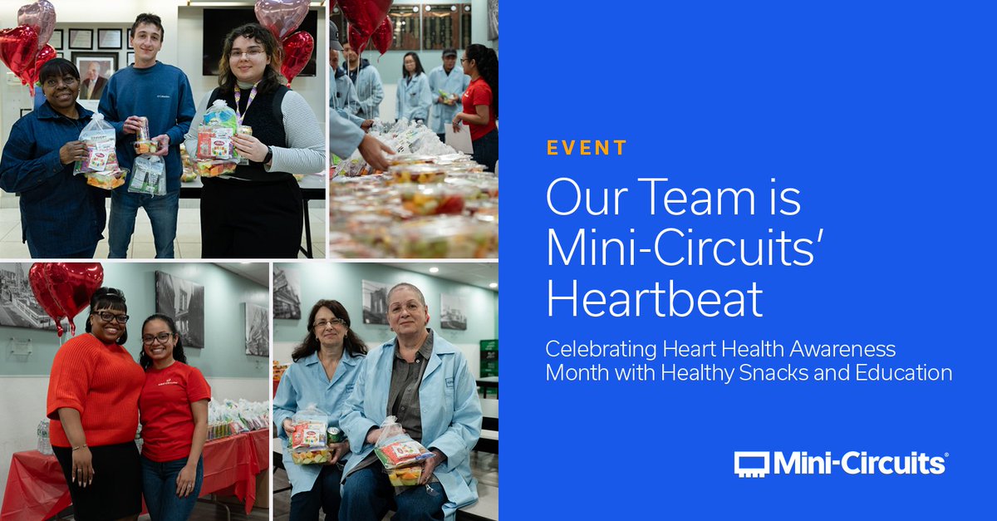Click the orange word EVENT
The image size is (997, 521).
[x=586, y=149]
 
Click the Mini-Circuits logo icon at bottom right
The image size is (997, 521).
[x=751, y=463]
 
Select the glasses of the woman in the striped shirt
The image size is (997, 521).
[x=246, y=52]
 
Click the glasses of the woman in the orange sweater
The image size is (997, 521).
[x=111, y=317]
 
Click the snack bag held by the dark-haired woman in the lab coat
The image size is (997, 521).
[x=308, y=438]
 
